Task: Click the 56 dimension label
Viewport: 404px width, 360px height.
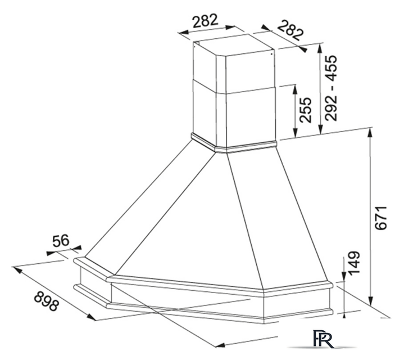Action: tap(61, 241)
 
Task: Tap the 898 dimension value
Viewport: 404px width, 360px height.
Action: tap(47, 300)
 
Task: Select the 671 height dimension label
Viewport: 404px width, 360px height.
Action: tap(381, 218)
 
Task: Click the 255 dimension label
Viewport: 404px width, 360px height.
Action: tap(306, 110)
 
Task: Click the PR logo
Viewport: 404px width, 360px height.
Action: tap(324, 339)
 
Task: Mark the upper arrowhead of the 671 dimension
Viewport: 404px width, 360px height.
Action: tap(370, 133)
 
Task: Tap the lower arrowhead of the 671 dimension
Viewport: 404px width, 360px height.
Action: tap(370, 301)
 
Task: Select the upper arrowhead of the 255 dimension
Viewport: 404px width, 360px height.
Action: tap(296, 89)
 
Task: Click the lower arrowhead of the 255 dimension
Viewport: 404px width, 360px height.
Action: tap(296, 133)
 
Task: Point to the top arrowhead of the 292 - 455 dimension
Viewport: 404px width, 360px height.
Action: tap(320, 48)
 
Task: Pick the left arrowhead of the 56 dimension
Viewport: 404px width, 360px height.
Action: tap(51, 253)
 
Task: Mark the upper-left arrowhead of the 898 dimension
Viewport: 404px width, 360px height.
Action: tap(17, 269)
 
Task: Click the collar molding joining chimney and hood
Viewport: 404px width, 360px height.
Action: tap(234, 145)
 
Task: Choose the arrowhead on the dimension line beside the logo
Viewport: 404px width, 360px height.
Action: tap(220, 345)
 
